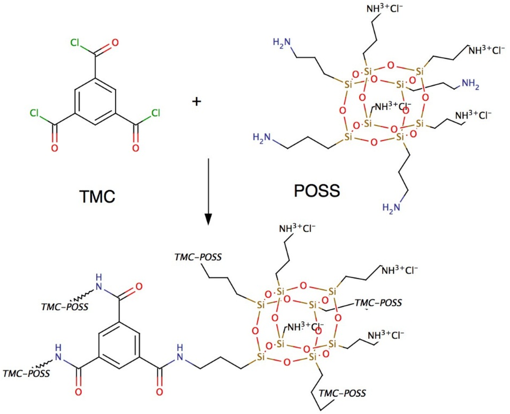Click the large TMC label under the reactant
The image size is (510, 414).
click(x=97, y=197)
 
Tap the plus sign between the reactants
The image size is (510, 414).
click(x=197, y=102)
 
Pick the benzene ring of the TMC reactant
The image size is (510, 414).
click(x=95, y=101)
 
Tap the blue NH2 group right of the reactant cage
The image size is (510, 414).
click(x=469, y=86)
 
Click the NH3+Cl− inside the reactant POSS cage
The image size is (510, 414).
click(x=393, y=106)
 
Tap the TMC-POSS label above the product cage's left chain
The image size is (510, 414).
click(x=198, y=257)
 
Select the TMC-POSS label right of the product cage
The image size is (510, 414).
click(x=378, y=303)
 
